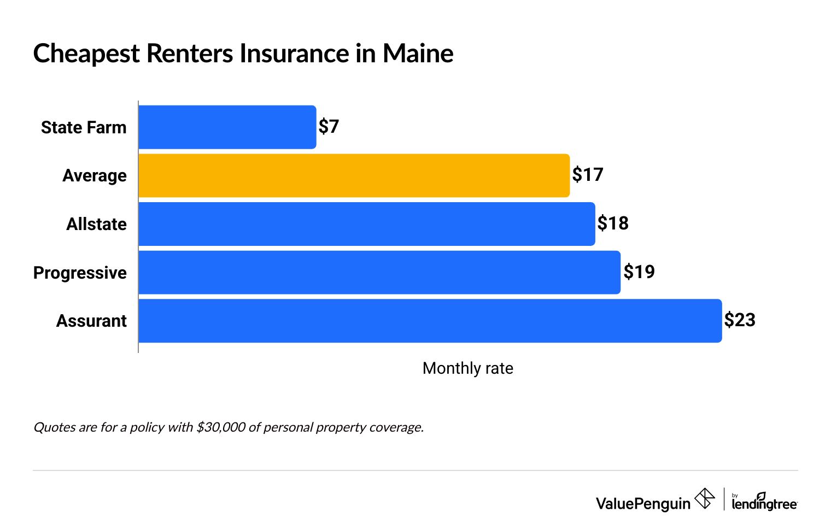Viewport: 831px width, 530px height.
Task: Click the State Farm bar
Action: [x=227, y=127]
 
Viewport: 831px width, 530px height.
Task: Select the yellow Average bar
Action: [x=354, y=175]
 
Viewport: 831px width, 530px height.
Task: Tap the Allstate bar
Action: [x=366, y=224]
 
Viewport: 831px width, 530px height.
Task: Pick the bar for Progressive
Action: [x=379, y=273]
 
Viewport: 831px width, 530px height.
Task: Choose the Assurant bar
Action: [x=430, y=321]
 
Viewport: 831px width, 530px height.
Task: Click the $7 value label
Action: [x=329, y=127]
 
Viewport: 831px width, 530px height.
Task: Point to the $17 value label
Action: [x=588, y=175]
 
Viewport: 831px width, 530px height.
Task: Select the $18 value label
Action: [x=613, y=223]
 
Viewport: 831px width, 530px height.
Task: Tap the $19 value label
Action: [x=639, y=272]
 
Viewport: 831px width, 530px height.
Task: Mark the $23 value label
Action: [x=740, y=320]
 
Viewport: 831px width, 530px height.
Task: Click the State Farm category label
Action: [x=84, y=127]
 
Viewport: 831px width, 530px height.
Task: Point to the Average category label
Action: [x=95, y=175]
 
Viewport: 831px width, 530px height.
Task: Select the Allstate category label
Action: [x=96, y=224]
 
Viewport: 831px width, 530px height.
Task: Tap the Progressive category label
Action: [x=80, y=273]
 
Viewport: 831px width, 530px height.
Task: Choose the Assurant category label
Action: [x=91, y=321]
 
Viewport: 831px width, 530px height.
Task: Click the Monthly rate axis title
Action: [x=467, y=368]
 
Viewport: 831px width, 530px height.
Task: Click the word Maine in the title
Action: [x=418, y=54]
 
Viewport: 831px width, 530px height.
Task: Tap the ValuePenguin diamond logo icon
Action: [x=704, y=499]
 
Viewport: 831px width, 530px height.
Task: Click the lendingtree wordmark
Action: [x=764, y=503]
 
